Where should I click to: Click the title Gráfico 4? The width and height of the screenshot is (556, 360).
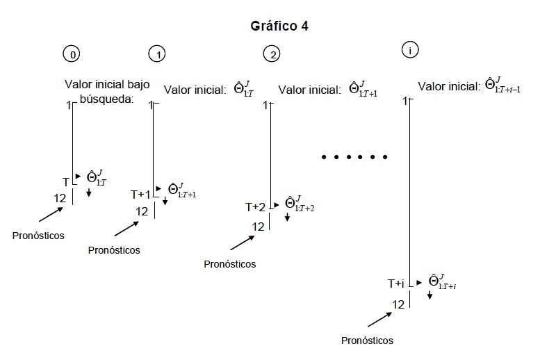(x=279, y=26)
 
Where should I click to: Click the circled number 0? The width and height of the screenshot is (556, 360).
(x=70, y=54)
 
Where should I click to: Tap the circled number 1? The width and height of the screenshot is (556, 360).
(x=156, y=54)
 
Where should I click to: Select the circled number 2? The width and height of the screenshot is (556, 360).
(x=271, y=54)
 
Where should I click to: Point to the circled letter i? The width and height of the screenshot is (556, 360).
(x=410, y=51)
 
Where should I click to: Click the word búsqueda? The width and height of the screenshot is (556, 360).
(x=102, y=99)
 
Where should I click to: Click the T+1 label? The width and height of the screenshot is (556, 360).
(x=140, y=194)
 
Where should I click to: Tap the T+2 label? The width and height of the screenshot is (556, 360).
(x=255, y=207)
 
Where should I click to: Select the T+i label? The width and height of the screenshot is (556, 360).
(x=395, y=284)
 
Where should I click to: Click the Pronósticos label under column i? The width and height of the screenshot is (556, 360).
(x=368, y=341)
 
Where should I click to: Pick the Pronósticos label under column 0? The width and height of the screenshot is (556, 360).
(x=38, y=235)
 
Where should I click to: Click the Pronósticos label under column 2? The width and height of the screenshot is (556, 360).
(x=230, y=264)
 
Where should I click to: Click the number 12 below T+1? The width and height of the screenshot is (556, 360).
(x=142, y=211)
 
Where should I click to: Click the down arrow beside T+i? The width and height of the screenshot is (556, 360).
(x=430, y=295)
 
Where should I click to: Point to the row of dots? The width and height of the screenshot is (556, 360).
(x=354, y=157)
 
